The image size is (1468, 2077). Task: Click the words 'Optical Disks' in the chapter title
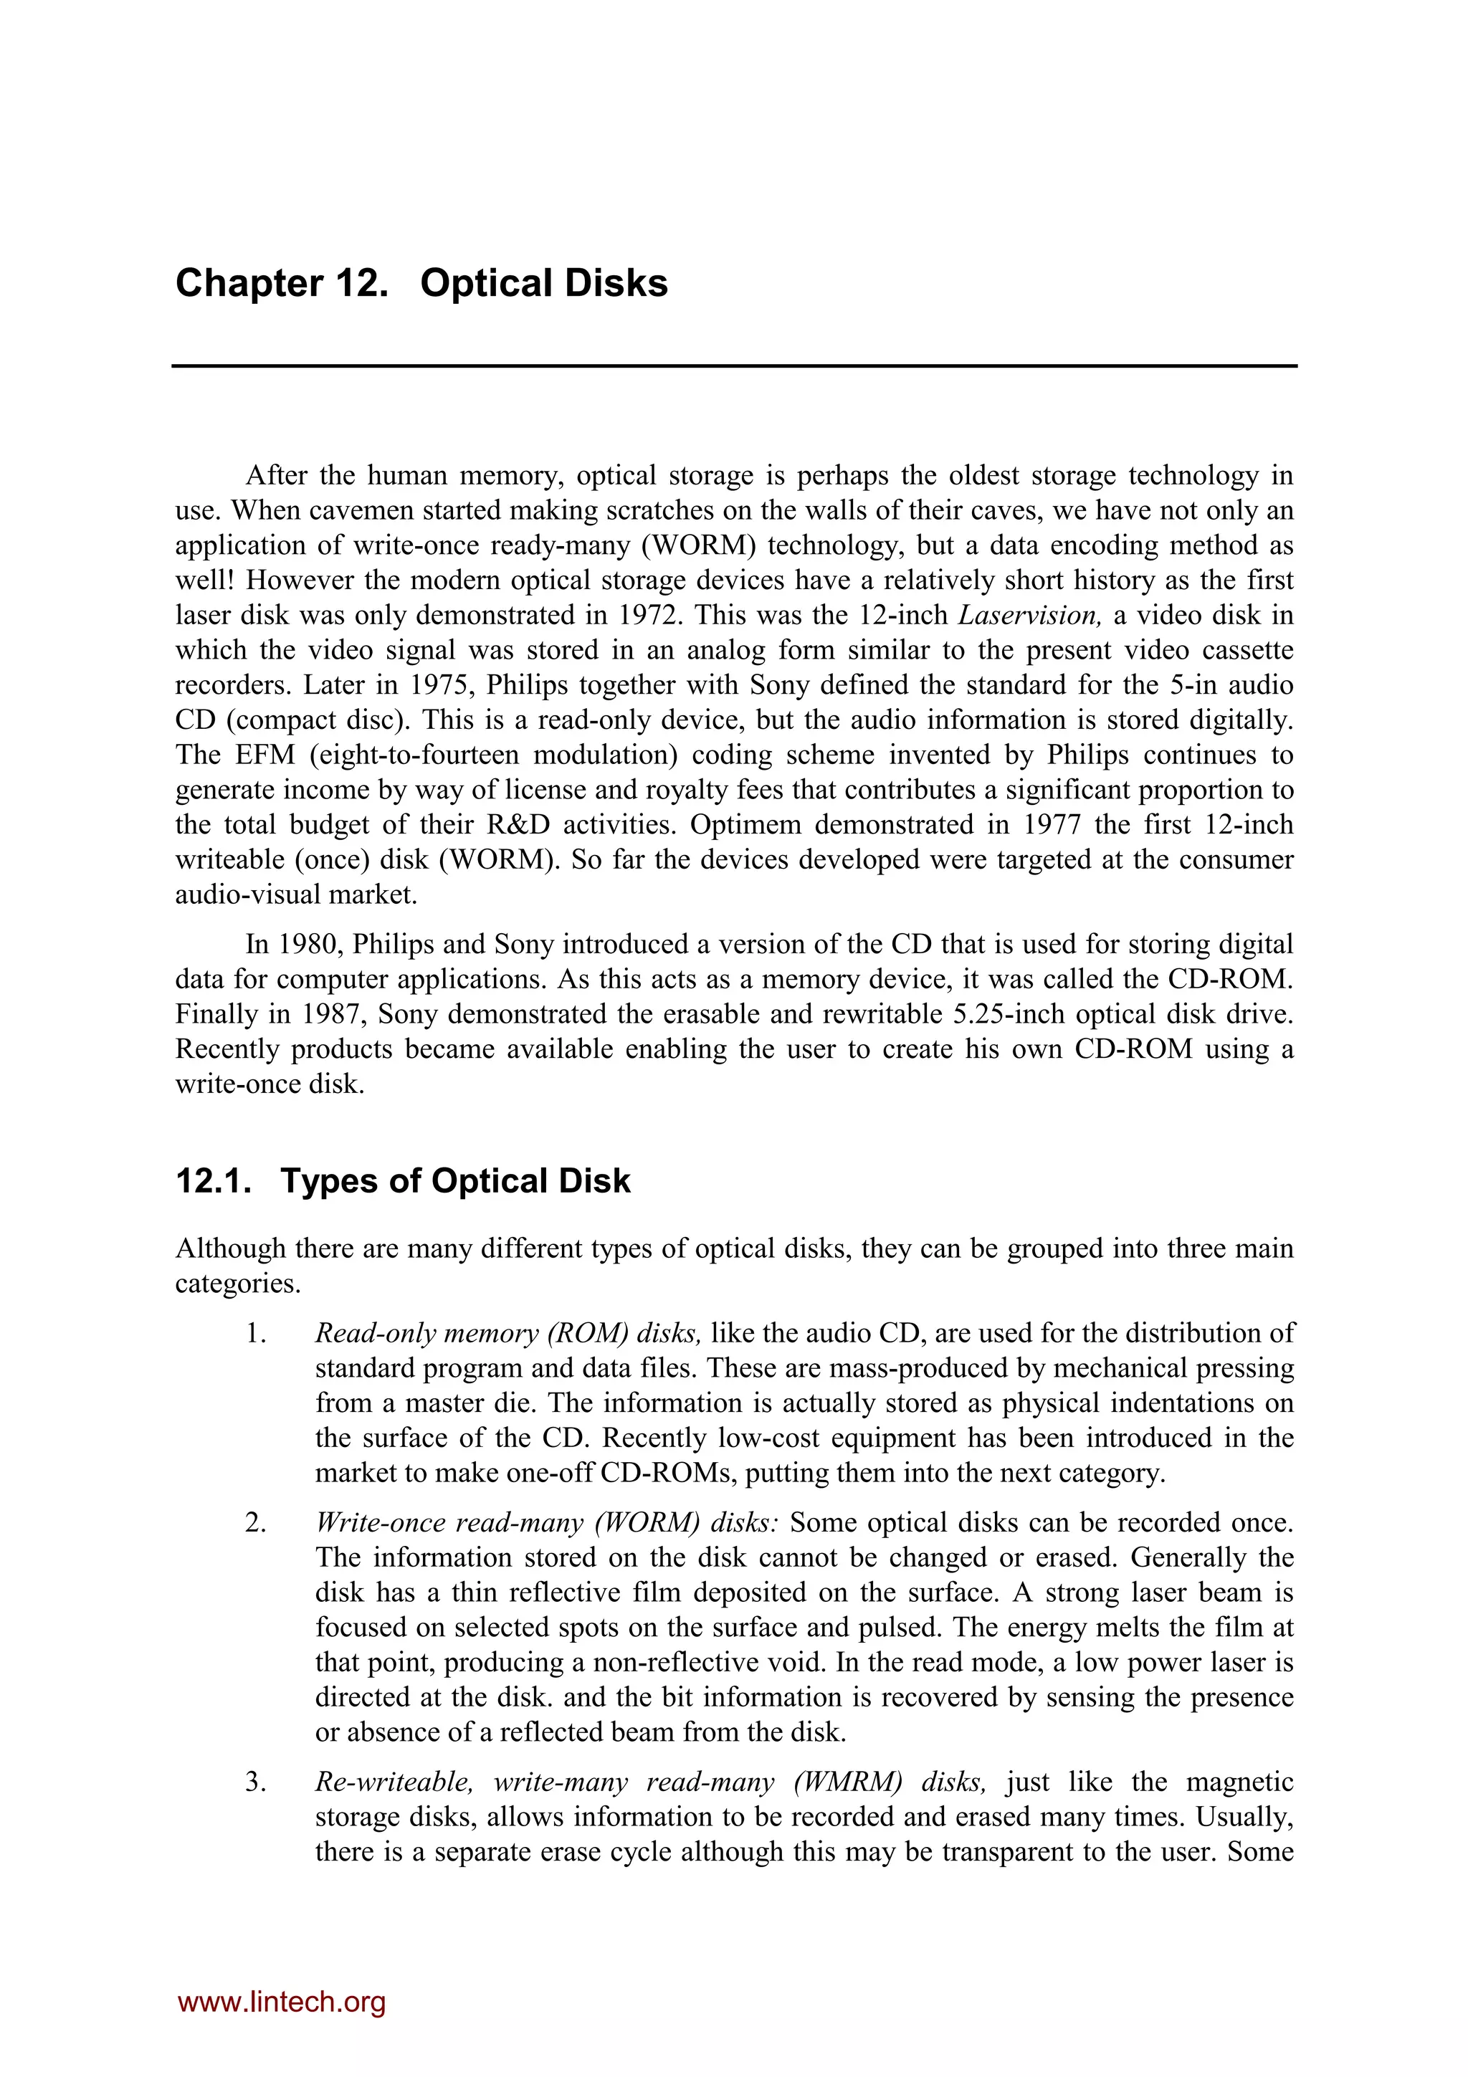(x=543, y=283)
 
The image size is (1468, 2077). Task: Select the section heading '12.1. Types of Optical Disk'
(x=403, y=1180)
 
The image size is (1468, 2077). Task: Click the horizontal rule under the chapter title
(x=733, y=366)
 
